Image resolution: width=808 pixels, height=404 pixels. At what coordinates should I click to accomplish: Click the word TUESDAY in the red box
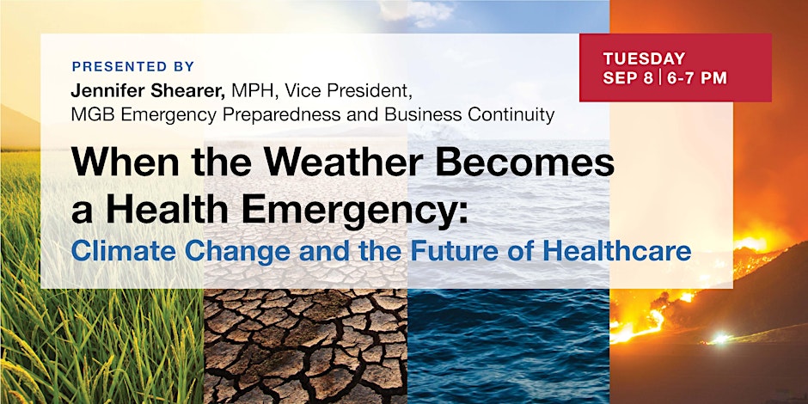point(644,58)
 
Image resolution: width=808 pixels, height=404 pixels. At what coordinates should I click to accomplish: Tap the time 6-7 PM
point(697,78)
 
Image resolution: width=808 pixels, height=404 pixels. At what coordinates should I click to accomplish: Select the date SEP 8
point(628,78)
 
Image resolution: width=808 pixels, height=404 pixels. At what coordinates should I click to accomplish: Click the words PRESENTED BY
point(133,66)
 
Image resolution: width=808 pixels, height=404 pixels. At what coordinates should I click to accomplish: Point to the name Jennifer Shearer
point(149,92)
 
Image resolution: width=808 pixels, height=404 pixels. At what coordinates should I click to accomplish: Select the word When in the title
point(126,162)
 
